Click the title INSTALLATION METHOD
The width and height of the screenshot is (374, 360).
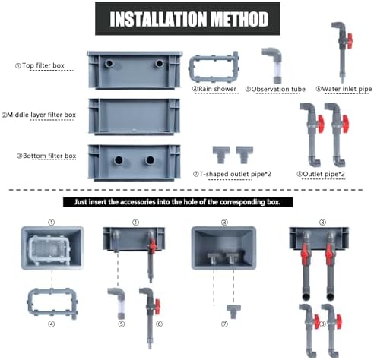[x=189, y=19]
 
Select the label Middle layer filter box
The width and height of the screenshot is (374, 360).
[x=39, y=115]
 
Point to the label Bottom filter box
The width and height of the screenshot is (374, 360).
[x=46, y=156]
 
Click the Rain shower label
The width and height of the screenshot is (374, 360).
[x=214, y=89]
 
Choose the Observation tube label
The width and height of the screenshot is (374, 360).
[x=275, y=89]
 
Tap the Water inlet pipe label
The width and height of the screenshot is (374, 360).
[x=344, y=89]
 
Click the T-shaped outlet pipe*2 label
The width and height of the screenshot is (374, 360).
[x=232, y=174]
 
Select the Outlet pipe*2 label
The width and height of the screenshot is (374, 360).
[x=321, y=174]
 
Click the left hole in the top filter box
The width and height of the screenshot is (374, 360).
[x=109, y=63]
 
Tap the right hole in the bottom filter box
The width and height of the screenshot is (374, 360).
[x=150, y=160]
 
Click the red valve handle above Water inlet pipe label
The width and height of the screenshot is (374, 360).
[x=350, y=41]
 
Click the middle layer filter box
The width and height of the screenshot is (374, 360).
[x=135, y=116]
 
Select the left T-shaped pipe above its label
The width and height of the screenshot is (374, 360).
[x=221, y=153]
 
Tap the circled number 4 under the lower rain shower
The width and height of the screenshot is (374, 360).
[x=52, y=324]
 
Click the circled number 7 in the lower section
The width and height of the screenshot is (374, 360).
[x=224, y=324]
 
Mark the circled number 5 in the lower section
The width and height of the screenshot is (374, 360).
[x=122, y=324]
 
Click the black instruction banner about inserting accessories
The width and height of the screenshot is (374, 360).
[x=178, y=202]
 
